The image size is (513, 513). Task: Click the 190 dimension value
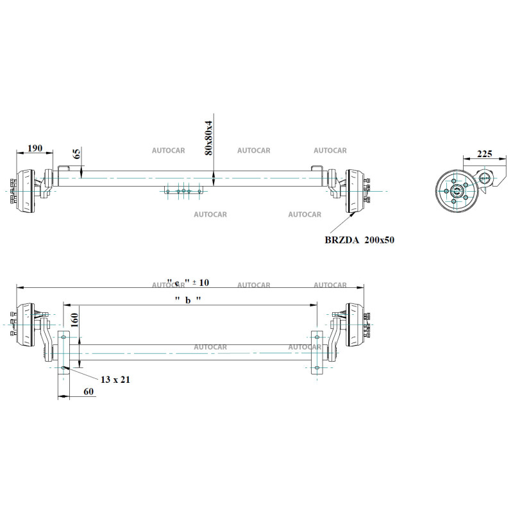point(35,148)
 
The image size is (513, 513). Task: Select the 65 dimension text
point(77,154)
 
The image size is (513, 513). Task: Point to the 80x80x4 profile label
point(208,137)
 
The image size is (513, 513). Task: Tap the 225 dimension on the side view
point(485,154)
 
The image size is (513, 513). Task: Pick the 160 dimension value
point(74,319)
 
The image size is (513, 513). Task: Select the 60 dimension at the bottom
point(88,391)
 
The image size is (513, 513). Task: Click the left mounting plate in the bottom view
point(64,351)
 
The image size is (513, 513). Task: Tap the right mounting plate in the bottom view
point(316,351)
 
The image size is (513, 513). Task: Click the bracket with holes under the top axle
point(183,190)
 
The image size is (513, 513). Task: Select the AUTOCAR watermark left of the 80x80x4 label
point(168,151)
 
